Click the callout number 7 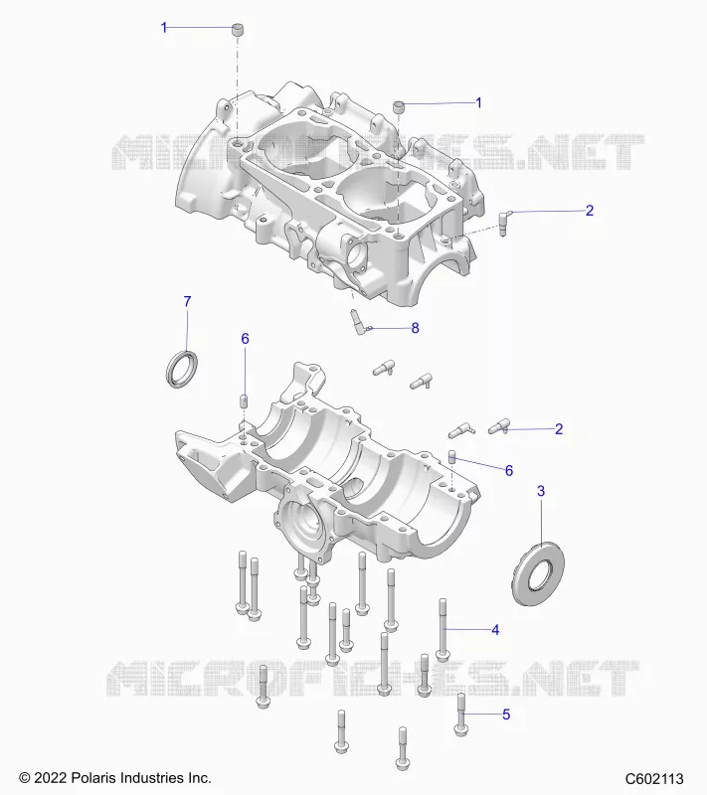(187, 302)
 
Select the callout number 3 (541, 491)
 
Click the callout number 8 (415, 328)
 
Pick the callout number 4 (495, 630)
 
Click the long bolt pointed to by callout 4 (443, 630)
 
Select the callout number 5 (506, 715)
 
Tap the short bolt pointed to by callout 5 (461, 715)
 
